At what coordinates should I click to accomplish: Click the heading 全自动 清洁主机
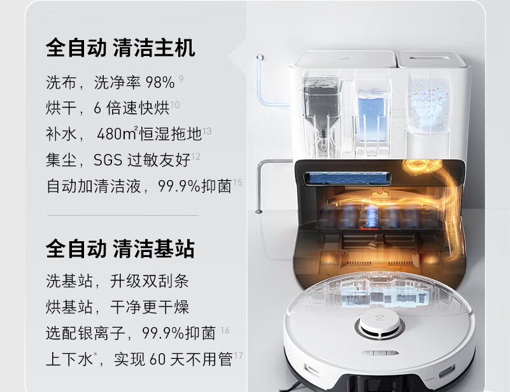pos(120,48)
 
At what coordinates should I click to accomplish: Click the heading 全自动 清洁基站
pos(120,248)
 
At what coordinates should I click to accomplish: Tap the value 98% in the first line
pos(160,83)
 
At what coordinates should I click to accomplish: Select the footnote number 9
pos(181,78)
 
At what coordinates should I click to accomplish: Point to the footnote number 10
pos(176,104)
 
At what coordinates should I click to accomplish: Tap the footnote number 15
pos(237,183)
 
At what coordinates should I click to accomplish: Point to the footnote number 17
pos(238,355)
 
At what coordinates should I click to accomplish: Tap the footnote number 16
pos(225,330)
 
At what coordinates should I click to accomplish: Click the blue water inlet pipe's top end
pos(259,58)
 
